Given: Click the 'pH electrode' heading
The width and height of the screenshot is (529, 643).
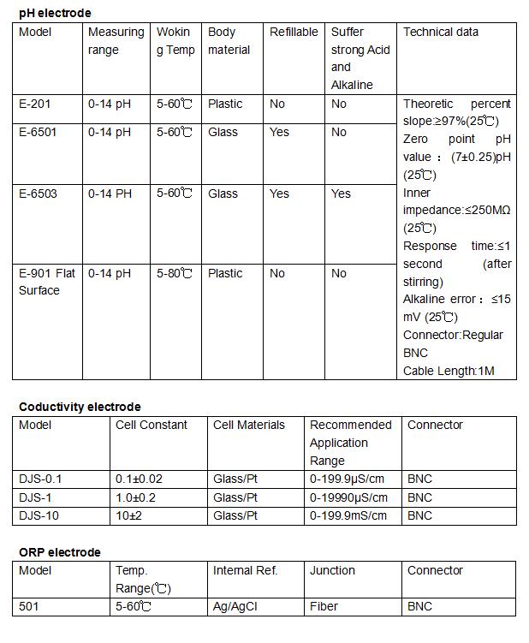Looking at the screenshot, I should pyautogui.click(x=55, y=13).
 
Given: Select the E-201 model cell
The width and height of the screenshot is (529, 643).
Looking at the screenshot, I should pyautogui.click(x=34, y=104).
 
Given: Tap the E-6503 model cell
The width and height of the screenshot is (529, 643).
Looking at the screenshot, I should pyautogui.click(x=38, y=193).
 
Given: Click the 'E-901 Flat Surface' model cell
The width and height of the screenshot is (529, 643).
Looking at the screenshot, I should pyautogui.click(x=47, y=282).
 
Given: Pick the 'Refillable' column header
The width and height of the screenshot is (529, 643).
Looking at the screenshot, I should pyautogui.click(x=294, y=32).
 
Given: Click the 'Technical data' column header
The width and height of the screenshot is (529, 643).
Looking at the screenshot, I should pyautogui.click(x=441, y=32).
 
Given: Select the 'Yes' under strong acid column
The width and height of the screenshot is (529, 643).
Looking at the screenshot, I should pyautogui.click(x=341, y=193).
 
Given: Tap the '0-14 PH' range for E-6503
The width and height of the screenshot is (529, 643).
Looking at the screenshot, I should pyautogui.click(x=110, y=193).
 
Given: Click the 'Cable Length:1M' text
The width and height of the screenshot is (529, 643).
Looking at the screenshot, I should pyautogui.click(x=449, y=371).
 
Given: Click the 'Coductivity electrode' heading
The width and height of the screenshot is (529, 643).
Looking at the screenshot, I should pyautogui.click(x=80, y=407).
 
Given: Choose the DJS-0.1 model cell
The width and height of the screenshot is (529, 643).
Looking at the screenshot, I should pyautogui.click(x=40, y=479).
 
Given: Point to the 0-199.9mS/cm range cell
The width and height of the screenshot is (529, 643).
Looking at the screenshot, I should pyautogui.click(x=348, y=515).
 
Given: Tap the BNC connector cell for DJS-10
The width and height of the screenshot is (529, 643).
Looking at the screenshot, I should pyautogui.click(x=419, y=515).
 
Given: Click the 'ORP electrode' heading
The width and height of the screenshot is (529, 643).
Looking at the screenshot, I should pyautogui.click(x=59, y=552).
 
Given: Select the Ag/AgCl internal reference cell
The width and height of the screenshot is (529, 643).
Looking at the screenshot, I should pyautogui.click(x=235, y=606).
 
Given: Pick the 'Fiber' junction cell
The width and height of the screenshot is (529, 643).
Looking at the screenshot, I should pyautogui.click(x=324, y=606).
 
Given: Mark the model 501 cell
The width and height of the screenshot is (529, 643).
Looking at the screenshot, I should pyautogui.click(x=29, y=606).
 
